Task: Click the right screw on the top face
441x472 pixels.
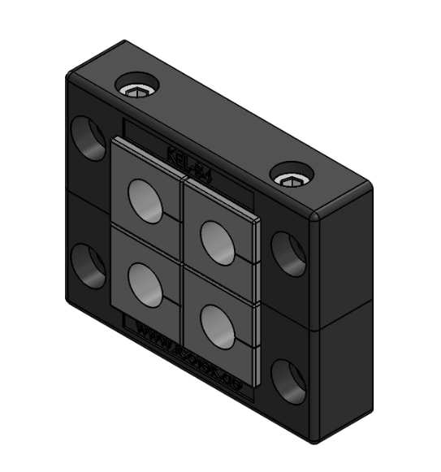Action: [x=291, y=175]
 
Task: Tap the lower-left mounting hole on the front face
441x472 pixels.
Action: [x=88, y=266]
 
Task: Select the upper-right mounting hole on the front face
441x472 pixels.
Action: [x=288, y=253]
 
